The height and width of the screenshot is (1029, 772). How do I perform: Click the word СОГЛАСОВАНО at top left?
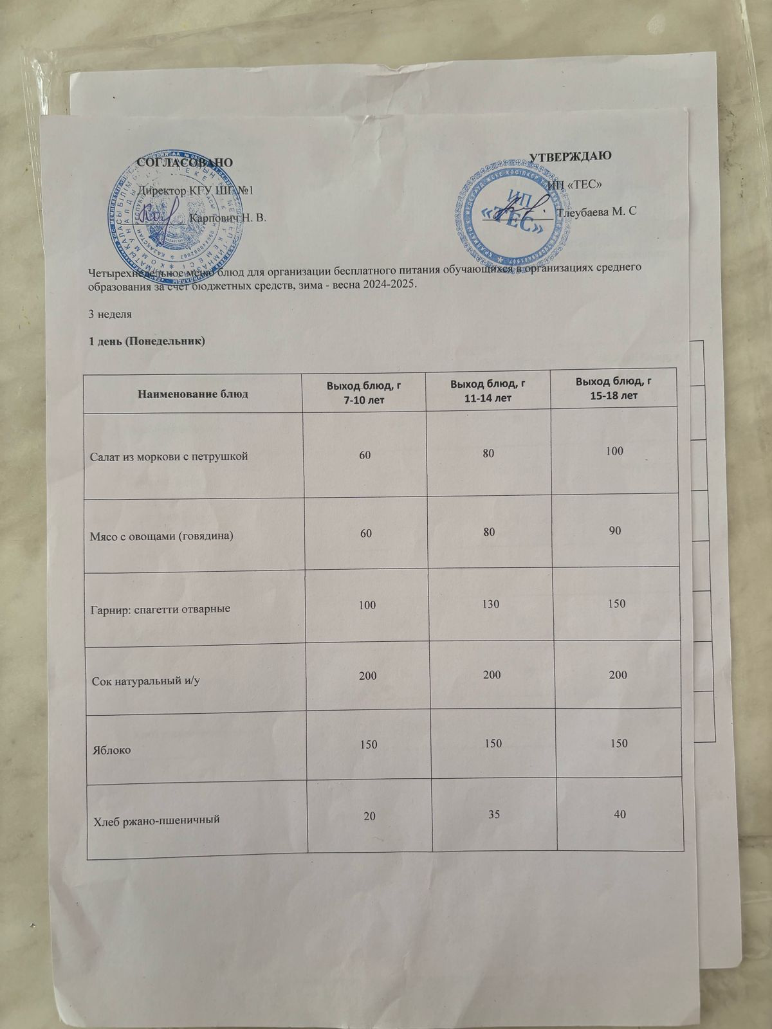tap(185, 161)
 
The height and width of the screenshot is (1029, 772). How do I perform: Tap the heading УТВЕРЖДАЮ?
tap(570, 156)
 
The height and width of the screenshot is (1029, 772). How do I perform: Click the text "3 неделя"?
tap(110, 314)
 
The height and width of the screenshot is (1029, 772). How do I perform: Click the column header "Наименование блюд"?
tap(193, 394)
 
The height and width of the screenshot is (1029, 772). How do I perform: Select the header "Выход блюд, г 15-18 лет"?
tap(614, 388)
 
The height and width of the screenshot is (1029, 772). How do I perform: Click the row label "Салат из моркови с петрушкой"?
tap(169, 457)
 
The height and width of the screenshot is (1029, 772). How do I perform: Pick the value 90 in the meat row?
tap(614, 531)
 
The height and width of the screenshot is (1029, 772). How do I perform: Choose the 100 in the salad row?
tap(614, 451)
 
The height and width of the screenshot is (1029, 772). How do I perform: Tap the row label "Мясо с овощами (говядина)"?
tap(161, 535)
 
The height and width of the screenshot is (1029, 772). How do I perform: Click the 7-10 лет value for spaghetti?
tap(368, 605)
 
